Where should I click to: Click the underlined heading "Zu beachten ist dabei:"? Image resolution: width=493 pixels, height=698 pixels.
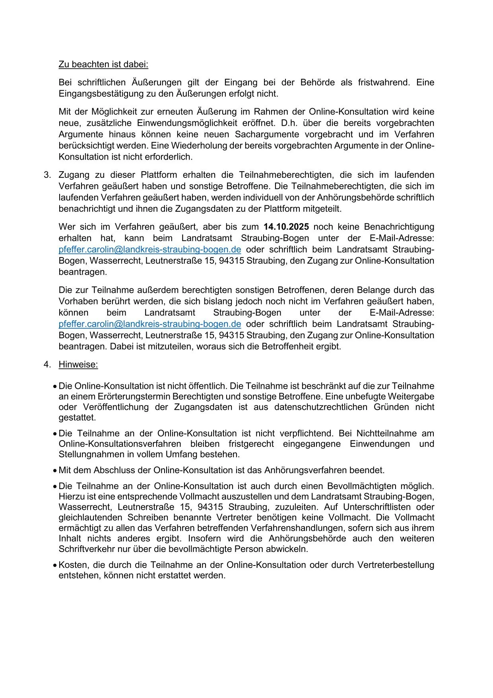tap(103, 64)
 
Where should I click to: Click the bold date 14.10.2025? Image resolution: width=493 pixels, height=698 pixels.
tap(286, 227)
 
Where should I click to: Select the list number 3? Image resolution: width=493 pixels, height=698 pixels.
tap(47, 175)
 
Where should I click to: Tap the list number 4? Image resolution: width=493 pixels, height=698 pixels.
tap(47, 365)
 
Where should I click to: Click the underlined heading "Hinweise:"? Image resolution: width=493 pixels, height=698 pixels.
tap(78, 365)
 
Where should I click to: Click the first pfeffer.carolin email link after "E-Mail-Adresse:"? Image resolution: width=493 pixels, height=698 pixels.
tap(149, 250)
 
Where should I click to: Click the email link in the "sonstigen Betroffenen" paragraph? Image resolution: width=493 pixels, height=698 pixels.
tap(149, 324)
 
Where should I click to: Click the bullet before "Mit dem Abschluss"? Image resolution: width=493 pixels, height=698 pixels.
tap(55, 471)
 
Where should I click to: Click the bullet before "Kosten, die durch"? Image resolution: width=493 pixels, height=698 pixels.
tap(55, 565)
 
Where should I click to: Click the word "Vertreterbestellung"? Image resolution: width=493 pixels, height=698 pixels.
tap(396, 565)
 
